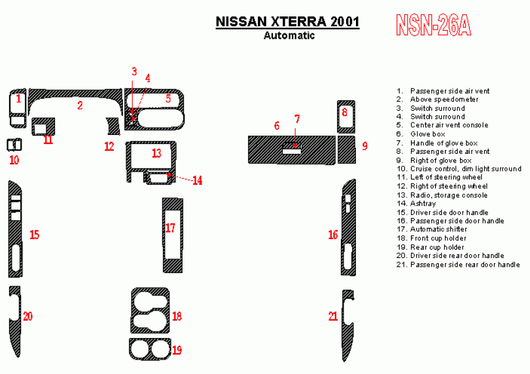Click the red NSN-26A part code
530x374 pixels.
coord(433,25)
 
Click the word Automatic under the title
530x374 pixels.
coord(289,35)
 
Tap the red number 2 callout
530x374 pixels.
coord(80,105)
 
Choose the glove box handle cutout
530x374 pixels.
coord(291,151)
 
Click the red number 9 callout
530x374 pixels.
coord(364,146)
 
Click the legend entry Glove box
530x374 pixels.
coord(421,134)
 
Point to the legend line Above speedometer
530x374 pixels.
coord(437,100)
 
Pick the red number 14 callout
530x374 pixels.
coord(198,180)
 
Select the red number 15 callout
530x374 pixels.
coord(35,234)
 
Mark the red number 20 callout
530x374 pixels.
coord(27,316)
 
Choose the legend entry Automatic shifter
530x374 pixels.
coord(432,229)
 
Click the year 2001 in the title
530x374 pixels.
coord(345,22)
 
